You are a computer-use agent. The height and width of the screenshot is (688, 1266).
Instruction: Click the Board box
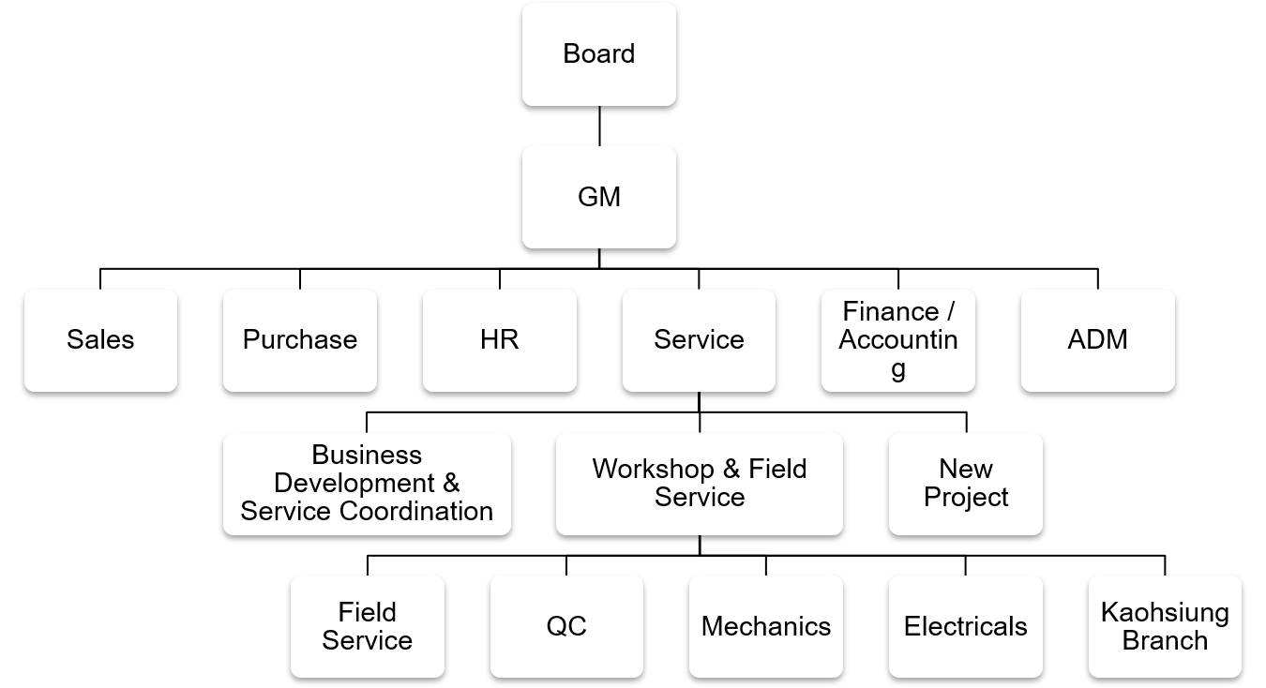tap(599, 54)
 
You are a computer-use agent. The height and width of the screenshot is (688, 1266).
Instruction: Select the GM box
tap(599, 197)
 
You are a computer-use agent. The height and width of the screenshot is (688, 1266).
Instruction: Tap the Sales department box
tap(100, 340)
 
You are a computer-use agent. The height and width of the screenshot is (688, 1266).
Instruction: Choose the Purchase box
tap(300, 340)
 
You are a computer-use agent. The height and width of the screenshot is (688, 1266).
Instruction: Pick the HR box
tap(500, 340)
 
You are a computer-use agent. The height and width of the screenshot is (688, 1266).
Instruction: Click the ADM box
tap(1098, 340)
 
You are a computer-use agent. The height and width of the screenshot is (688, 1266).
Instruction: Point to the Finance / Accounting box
tap(898, 340)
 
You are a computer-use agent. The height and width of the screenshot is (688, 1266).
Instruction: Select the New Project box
tap(966, 484)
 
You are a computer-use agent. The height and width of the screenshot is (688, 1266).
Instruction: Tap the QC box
tap(566, 626)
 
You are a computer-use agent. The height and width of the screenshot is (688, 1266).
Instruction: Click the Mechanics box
tap(766, 626)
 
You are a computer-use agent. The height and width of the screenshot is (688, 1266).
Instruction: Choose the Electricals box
tap(966, 626)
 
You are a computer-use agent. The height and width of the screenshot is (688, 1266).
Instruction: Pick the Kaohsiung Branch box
tap(1165, 626)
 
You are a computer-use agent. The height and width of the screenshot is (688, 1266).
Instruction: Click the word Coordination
tap(416, 511)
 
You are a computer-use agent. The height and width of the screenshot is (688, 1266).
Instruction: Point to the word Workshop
tap(654, 470)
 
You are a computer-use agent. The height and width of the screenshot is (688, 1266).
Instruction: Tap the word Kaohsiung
tap(1165, 613)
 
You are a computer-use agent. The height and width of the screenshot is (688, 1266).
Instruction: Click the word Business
tap(367, 455)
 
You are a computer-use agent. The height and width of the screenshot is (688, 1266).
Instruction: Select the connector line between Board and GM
tap(599, 126)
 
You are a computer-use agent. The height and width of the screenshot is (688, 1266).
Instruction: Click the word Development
tap(354, 484)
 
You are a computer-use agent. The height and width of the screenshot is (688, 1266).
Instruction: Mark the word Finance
tap(891, 311)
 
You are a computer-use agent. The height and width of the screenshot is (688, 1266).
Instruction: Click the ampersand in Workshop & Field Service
tap(731, 470)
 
